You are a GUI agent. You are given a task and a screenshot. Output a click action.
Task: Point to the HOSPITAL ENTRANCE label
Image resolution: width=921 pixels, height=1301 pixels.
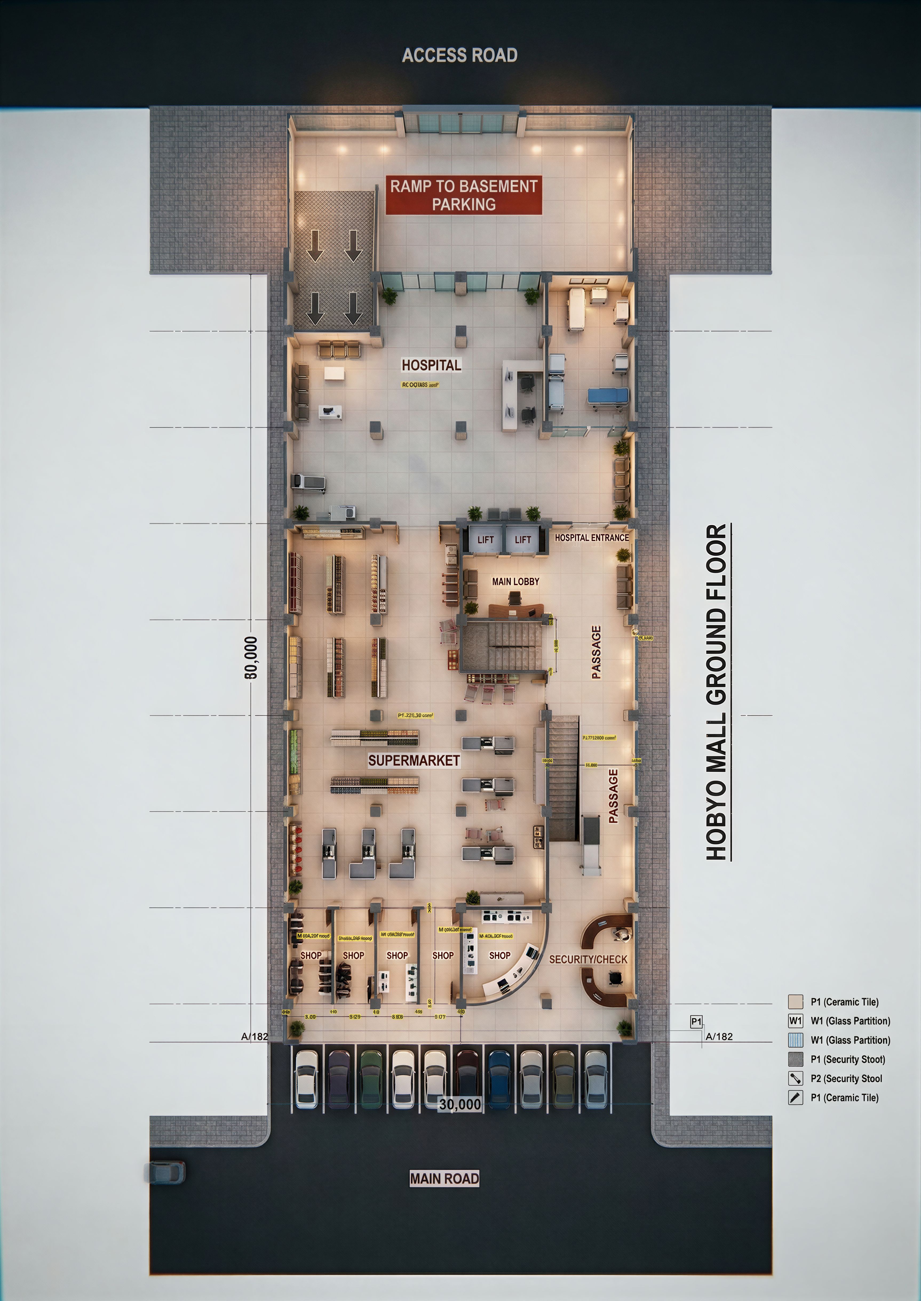point(591,538)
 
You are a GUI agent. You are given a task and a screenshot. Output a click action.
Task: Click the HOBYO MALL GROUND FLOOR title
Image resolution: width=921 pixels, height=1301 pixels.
point(717,692)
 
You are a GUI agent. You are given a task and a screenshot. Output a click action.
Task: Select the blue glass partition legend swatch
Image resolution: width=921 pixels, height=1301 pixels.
point(796,1040)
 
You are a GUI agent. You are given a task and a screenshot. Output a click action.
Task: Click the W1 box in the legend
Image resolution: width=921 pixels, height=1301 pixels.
point(796,1021)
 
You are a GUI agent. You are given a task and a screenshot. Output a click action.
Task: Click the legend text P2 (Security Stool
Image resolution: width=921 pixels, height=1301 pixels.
point(846,1078)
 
